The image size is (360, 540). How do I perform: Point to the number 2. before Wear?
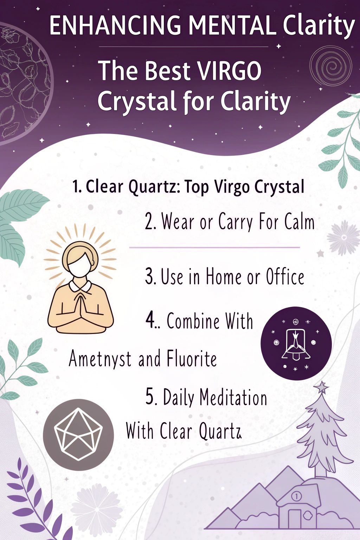151,221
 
